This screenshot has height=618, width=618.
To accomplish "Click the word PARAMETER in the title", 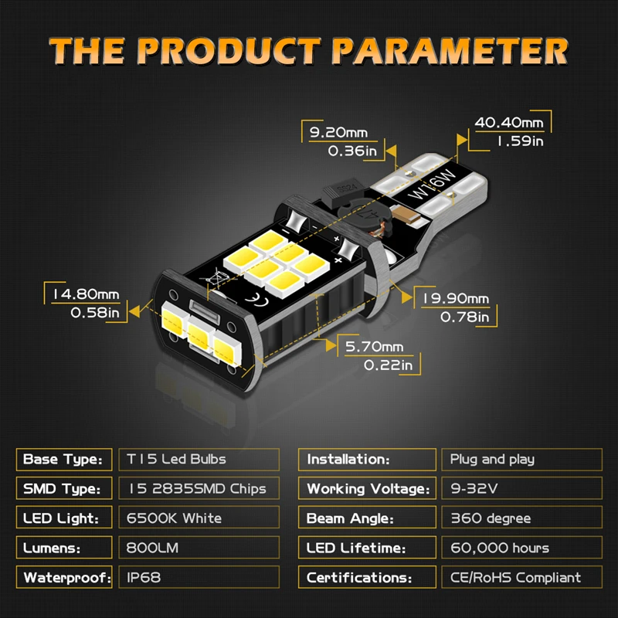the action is point(450,51).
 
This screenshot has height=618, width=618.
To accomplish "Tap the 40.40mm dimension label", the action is point(509,123).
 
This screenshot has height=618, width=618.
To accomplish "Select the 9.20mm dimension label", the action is point(338,132).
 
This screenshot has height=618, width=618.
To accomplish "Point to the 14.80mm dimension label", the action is point(86,294).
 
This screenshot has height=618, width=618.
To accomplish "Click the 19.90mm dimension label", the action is point(456,299).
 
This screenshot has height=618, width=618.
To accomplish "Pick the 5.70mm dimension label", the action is point(375,347).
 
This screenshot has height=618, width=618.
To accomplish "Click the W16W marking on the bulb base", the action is point(432,185).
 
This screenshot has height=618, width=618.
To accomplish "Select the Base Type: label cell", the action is point(64,460).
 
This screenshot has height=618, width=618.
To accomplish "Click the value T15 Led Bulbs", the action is point(176,459).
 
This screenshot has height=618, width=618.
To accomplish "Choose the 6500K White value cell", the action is point(199,518).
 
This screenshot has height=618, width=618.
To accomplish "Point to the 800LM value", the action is point(152,548).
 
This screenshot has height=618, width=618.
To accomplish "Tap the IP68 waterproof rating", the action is point(144,577).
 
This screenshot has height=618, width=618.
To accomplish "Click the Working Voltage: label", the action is point(368,489).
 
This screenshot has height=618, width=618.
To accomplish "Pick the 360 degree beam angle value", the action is point(491,518).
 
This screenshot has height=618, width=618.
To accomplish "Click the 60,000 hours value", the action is point(500,548).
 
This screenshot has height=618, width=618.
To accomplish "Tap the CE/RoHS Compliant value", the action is point(515,578).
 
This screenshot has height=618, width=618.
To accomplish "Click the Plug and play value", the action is point(492,460).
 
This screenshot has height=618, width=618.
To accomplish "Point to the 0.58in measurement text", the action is point(95,313).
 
